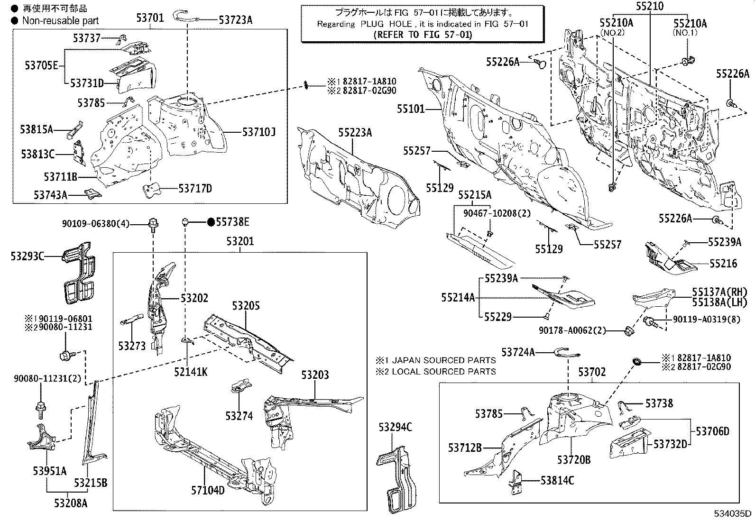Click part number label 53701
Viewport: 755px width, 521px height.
150,18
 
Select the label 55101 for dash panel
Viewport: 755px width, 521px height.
411,109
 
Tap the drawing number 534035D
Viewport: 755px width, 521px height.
734,513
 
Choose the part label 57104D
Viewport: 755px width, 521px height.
208,490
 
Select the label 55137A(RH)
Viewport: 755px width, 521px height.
719,292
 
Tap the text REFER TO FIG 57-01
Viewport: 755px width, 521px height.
423,34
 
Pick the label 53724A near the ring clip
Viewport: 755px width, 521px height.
518,352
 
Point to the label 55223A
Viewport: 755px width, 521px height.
355,132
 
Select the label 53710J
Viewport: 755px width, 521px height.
259,132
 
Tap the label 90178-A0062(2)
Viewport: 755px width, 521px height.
572,330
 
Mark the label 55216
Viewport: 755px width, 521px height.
723,263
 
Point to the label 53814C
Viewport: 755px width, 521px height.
557,481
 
